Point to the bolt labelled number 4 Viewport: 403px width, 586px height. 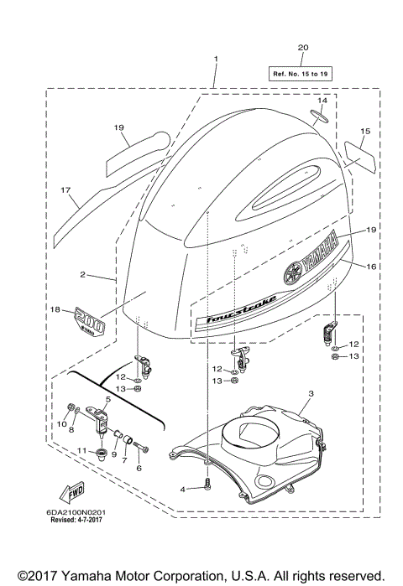click(206, 484)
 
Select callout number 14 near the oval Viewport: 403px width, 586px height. click(322, 100)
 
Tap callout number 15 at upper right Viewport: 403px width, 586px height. click(365, 132)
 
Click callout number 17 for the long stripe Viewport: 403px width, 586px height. click(65, 191)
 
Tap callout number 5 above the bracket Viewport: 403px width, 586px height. click(108, 399)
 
